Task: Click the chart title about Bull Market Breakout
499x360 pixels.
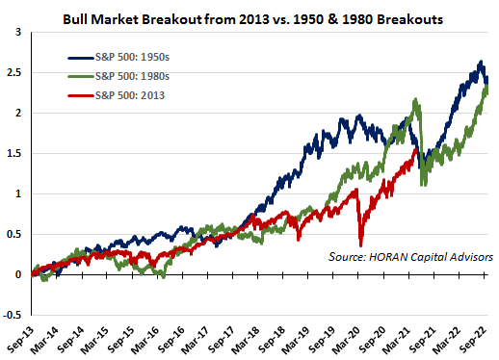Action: pos(252,19)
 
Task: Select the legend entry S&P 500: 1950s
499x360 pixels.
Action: pos(118,57)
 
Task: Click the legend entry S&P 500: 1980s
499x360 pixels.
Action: pos(118,76)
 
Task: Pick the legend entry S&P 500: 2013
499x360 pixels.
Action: pos(116,95)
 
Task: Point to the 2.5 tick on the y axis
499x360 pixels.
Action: pos(13,73)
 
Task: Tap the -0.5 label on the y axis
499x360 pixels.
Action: pos(12,315)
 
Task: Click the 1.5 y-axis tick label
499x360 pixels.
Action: pos(13,154)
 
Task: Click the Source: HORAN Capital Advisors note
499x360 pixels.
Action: pos(410,257)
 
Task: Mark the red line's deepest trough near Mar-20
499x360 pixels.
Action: pos(361,245)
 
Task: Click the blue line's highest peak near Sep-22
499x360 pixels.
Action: pos(481,61)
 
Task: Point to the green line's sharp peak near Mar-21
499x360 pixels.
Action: pos(416,99)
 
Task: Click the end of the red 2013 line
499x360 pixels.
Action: pos(416,149)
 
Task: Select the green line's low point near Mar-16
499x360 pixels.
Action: pos(164,276)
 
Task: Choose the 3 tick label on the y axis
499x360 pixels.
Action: pos(18,32)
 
